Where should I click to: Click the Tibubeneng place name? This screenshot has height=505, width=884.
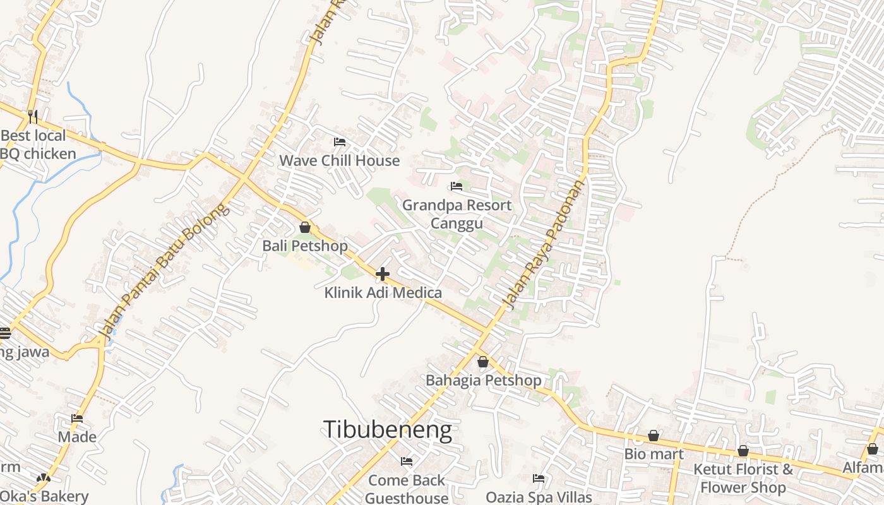pos(388,430)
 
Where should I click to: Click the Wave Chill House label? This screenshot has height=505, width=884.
pos(339,160)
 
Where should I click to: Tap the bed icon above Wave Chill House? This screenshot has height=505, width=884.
pos(339,142)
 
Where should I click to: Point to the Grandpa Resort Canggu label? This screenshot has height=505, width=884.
pos(457,214)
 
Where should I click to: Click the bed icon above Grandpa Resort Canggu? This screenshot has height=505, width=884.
pos(456,186)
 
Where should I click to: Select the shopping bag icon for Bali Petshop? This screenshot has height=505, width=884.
pos(305,227)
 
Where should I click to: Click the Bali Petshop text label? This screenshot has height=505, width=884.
pos(305,246)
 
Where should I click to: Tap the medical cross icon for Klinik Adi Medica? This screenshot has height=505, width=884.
pos(383,274)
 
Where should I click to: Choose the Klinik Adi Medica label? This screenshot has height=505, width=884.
pos(383,293)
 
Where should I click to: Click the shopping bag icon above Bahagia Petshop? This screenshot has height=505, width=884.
pos(483,362)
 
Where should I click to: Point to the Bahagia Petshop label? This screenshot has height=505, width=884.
pos(483,381)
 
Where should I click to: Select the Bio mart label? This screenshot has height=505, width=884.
pos(654,454)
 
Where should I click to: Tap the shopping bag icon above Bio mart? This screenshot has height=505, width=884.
pos(654,436)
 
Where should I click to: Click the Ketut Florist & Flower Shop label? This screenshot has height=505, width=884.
pos(743,478)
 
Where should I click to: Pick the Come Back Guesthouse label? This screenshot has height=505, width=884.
pos(407,489)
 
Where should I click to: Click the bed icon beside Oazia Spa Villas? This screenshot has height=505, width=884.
pos(539,478)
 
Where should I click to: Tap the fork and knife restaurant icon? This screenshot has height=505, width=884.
pos(33,116)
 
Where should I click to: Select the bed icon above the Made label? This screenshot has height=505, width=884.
pos(77,419)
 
